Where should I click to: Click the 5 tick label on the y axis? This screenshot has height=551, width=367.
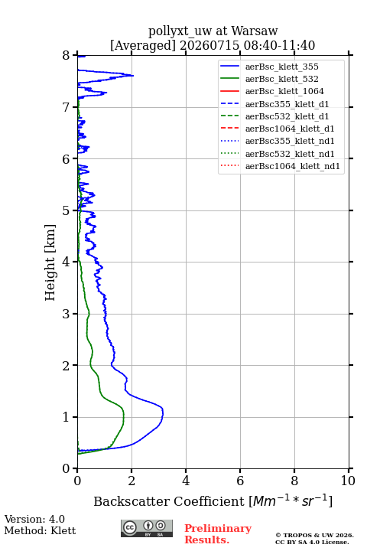point(67,210)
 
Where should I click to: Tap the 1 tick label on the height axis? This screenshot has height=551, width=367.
point(67,417)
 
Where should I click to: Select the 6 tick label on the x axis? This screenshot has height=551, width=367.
point(240,481)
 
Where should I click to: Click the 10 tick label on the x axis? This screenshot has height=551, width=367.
point(348,481)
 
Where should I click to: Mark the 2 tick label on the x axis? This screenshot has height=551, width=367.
point(132,481)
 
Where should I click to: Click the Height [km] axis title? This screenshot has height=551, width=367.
point(50,262)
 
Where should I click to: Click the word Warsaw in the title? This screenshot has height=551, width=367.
point(255,31)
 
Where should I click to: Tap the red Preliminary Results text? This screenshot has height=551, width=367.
point(218,533)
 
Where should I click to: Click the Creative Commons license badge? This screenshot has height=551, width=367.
point(147,528)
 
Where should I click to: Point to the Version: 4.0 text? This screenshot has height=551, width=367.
point(34,519)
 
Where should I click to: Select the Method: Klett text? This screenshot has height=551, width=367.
point(40,530)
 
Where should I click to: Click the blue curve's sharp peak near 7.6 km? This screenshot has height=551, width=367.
point(134,76)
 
